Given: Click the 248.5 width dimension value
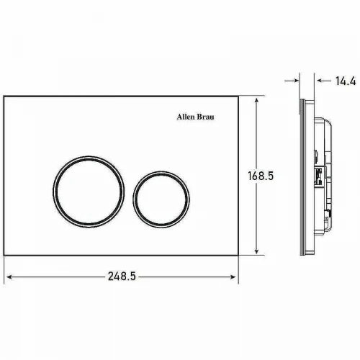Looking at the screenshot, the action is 122,276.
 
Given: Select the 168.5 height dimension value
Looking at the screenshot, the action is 261,176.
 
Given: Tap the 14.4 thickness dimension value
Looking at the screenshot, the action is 346,81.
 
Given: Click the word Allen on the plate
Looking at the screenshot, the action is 186,117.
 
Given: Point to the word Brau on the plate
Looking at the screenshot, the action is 205,117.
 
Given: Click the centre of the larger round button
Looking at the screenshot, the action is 89,192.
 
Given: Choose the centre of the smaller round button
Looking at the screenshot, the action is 161,199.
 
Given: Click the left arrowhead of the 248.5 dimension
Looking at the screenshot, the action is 9,277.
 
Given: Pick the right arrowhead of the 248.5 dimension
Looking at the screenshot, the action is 233,277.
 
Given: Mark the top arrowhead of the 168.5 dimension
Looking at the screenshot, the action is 256,100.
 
